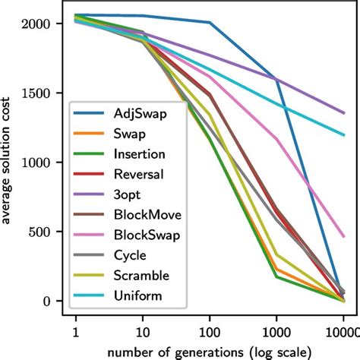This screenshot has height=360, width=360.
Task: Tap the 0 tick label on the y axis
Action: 47,301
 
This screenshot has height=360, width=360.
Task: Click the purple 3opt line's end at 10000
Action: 343,113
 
